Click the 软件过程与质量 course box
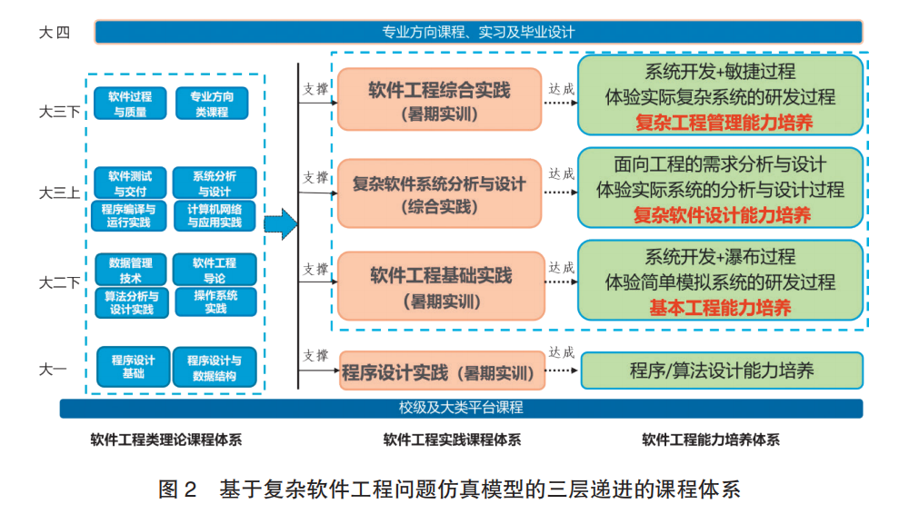130,104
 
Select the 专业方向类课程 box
211,104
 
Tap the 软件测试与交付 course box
130,183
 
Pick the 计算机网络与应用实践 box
215,215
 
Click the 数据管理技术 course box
131,270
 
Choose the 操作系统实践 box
215,301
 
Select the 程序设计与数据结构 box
215,367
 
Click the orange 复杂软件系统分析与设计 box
439,193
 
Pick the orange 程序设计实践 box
439,371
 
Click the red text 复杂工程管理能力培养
720,123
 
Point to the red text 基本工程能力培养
720,307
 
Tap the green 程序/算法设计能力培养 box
721,371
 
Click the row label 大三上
53,193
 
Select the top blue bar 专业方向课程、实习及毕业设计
478,33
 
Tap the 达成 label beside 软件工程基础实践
561,268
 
